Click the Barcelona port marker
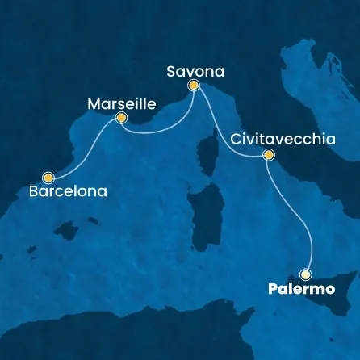pyautogui.click(x=49, y=177)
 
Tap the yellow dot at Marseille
pyautogui.click(x=121, y=118)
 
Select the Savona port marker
pyautogui.click(x=193, y=86)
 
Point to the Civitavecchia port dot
pyautogui.click(x=269, y=155)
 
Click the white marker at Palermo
pyautogui.click(x=306, y=273)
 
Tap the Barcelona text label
pyautogui.click(x=68, y=193)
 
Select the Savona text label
pyautogui.click(x=195, y=70)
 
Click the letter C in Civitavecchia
pyautogui.click(x=236, y=139)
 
